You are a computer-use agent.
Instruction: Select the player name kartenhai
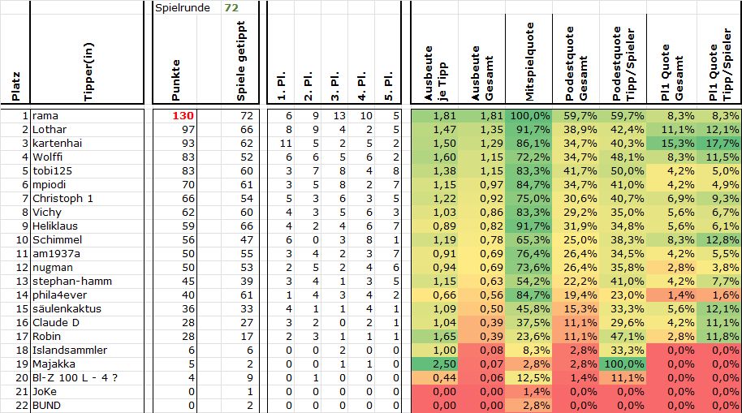point(57,144)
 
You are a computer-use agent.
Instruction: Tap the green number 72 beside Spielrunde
point(231,7)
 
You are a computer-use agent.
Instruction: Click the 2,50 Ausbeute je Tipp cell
point(436,364)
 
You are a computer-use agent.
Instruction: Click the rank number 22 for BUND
point(22,406)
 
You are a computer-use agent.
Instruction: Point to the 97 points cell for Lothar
point(186,130)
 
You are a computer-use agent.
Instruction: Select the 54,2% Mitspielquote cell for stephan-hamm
point(531,282)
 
